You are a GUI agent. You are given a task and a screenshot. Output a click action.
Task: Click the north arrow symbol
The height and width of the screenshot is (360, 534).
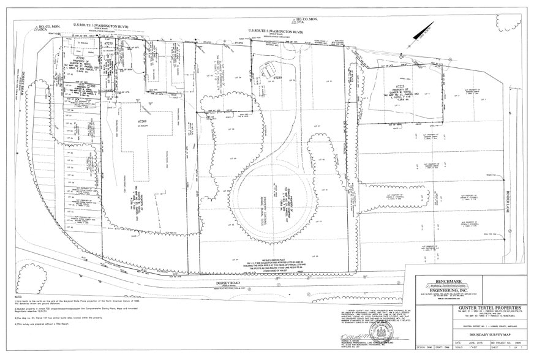[x=424, y=31]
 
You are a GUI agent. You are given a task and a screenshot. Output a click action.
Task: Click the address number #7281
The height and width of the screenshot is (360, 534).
[x=80, y=58]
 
